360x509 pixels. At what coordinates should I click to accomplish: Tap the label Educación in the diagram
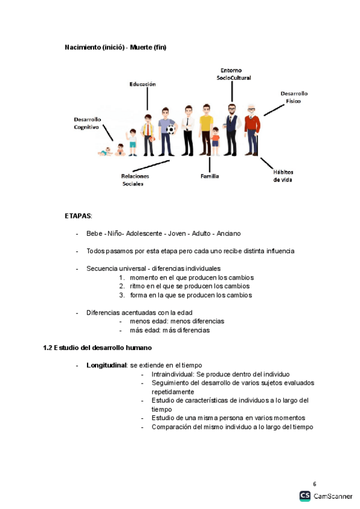pos(143,84)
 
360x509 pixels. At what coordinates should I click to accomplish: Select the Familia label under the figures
pos(209,176)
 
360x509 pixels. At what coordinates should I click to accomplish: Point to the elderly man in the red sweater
pos(253,132)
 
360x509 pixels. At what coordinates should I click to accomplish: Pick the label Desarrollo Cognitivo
pos(88,123)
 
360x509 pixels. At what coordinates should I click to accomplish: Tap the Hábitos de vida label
pos(283,175)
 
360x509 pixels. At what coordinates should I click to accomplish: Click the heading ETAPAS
pos(79,215)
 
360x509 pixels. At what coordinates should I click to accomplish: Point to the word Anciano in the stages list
pos(229,233)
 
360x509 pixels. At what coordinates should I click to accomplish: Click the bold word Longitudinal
pos(106,365)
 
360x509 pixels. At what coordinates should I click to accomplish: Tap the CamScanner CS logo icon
pos(305,496)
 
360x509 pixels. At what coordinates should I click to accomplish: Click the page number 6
pos(314,484)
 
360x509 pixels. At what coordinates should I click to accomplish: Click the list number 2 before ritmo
pos(121,286)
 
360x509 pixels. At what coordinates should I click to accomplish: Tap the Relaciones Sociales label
pos(135,180)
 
